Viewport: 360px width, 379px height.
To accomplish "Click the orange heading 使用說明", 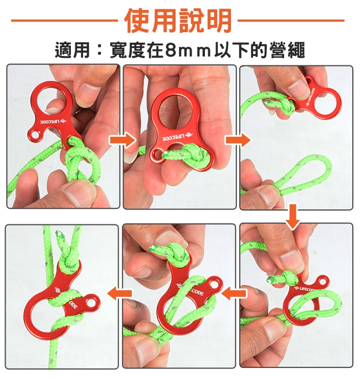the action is point(178,21).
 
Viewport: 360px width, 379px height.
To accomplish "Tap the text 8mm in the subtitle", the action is point(187,50).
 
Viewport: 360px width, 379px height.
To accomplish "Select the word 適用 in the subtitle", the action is point(73,50).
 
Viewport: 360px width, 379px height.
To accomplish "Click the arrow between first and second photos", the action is point(122,140).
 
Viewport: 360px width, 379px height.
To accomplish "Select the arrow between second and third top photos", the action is point(237,140).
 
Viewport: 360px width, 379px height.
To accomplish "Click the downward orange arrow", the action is point(292,217).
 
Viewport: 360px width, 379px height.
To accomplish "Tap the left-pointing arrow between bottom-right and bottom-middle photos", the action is point(234,294).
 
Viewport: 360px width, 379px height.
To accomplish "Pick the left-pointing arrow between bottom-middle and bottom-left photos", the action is point(120,294).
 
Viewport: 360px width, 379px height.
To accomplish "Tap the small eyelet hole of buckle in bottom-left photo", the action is point(91,302).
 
